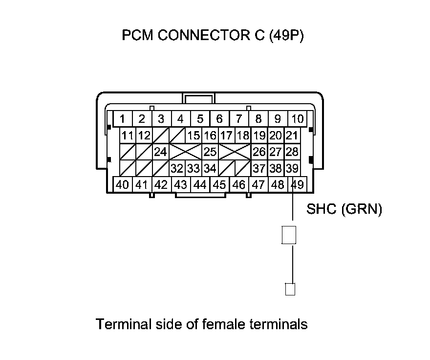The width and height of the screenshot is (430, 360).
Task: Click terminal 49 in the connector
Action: click(x=297, y=184)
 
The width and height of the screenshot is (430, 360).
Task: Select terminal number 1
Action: click(x=122, y=119)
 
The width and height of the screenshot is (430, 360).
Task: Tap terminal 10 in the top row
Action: click(x=297, y=119)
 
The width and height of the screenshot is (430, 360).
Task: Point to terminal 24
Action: click(x=160, y=152)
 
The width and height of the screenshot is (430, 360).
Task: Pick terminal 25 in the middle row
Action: click(x=210, y=152)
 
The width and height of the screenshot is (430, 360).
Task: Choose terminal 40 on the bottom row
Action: click(x=122, y=184)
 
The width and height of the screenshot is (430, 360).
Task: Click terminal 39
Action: click(x=292, y=169)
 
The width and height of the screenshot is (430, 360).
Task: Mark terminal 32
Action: click(x=177, y=169)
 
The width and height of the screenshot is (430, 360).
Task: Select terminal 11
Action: click(x=128, y=135)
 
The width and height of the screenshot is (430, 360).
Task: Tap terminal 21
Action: click(x=292, y=135)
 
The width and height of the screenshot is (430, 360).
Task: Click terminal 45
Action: click(x=219, y=184)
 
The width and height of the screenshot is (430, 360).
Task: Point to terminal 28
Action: click(x=292, y=152)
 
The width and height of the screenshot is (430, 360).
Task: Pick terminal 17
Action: click(x=226, y=135)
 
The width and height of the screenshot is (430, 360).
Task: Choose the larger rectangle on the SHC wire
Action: click(x=289, y=235)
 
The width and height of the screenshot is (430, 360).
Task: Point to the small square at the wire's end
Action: click(x=290, y=290)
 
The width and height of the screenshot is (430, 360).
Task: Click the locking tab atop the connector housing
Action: click(x=199, y=98)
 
